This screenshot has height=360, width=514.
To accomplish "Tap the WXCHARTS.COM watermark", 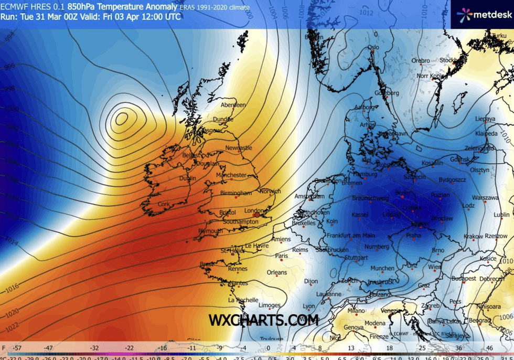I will (263, 320).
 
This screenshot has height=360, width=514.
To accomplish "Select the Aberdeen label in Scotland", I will (233, 105).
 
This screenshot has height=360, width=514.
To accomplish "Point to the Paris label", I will (282, 256).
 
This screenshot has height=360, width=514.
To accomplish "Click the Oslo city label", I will (373, 47).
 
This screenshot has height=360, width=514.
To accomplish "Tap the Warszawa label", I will (485, 198).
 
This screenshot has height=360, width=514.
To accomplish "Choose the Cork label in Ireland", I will (165, 204).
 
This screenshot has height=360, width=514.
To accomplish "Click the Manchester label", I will (231, 175).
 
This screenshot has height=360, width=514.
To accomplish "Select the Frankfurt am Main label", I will (350, 236).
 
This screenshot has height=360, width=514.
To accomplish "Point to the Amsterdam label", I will (309, 196).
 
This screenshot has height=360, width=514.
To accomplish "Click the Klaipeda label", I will (487, 134).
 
